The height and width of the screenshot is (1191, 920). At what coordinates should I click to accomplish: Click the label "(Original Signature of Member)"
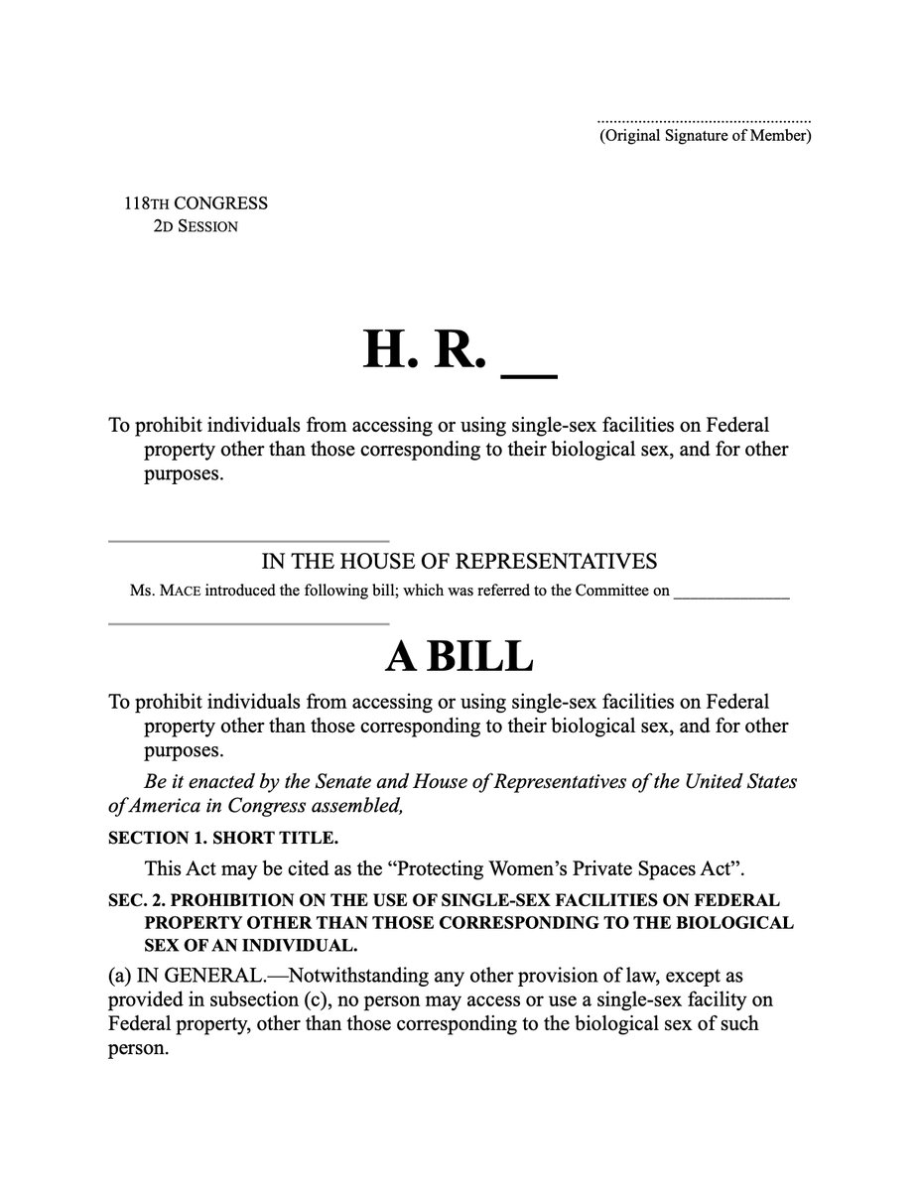[705, 136]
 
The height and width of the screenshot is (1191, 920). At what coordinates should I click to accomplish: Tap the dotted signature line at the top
[705, 120]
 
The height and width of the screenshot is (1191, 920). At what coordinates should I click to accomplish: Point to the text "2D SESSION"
[196, 226]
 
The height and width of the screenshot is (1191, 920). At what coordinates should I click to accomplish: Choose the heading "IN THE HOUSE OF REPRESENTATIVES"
[459, 562]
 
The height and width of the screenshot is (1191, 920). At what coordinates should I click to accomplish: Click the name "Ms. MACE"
[164, 592]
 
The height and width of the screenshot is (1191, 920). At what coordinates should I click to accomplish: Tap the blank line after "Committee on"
[731, 595]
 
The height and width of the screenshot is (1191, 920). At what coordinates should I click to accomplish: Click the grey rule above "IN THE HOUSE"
[248, 541]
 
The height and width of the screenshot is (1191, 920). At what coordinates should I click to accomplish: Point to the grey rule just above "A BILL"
[248, 623]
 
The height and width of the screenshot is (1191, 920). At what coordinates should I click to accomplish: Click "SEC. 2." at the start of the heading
[137, 900]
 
